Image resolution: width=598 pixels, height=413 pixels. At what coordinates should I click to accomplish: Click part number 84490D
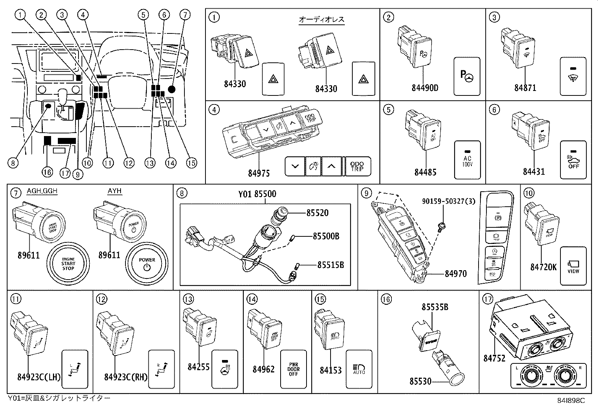coord(425,88)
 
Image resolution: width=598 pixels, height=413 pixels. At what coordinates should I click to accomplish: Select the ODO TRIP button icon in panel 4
coord(357,166)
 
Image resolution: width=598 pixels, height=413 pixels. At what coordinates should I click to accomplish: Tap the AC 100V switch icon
coord(467,160)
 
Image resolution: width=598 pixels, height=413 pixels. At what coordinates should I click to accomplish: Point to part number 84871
coord(525,88)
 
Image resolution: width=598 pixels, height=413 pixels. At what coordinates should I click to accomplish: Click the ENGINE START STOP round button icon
coord(68,263)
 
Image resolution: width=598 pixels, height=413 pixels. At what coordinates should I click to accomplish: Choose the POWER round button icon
coord(147,263)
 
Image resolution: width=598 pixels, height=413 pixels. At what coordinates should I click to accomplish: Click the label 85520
coord(317,213)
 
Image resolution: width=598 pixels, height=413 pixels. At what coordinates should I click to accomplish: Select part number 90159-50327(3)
coord(448,201)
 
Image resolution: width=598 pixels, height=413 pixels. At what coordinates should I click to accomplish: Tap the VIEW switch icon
coord(573,265)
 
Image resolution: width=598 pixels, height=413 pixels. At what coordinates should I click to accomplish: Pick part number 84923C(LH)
coord(39,376)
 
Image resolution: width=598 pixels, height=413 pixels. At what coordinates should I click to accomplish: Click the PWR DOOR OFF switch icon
coord(293,369)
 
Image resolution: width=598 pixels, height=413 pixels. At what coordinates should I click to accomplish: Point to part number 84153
coord(331,370)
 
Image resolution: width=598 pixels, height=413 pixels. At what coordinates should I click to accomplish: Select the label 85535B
coord(435,307)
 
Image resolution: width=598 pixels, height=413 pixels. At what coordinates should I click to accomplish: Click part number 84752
coord(494,358)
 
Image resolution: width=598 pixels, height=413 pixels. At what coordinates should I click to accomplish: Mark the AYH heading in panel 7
coord(115,191)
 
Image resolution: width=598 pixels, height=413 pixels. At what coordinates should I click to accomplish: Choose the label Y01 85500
coord(257,194)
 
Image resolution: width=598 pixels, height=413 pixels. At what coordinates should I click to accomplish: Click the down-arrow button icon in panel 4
coord(295,166)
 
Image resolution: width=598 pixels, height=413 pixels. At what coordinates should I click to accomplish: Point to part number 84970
coord(456,274)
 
